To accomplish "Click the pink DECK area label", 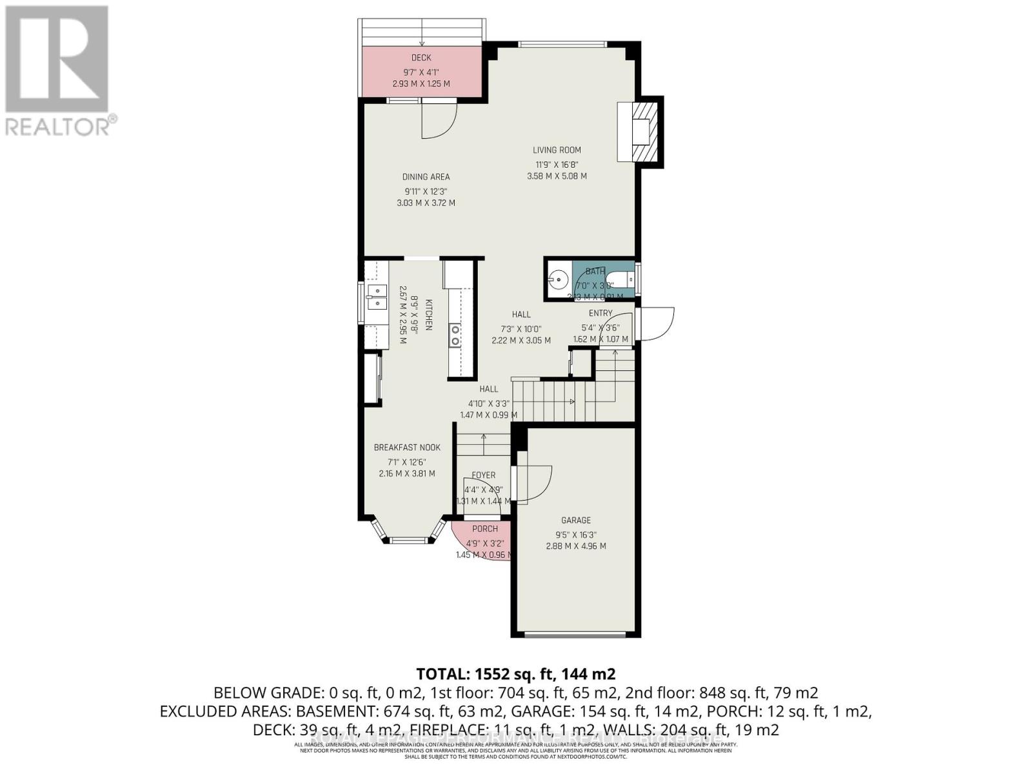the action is point(421,58).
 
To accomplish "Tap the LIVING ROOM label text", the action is point(557,150).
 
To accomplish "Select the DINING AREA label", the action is point(426,177).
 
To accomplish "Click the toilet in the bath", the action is point(624,280).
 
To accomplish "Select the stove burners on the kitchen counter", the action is point(455,335).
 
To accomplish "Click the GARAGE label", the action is point(575,521).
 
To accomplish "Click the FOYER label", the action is point(483,475).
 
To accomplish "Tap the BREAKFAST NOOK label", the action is point(407,448).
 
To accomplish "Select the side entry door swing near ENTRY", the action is point(656,322).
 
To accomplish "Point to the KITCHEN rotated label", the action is point(428,315).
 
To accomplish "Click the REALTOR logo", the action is point(58,70).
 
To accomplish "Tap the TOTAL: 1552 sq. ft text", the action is point(516,674).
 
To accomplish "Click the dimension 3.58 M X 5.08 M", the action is point(557,176).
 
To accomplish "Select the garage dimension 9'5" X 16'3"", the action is point(575,534).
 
